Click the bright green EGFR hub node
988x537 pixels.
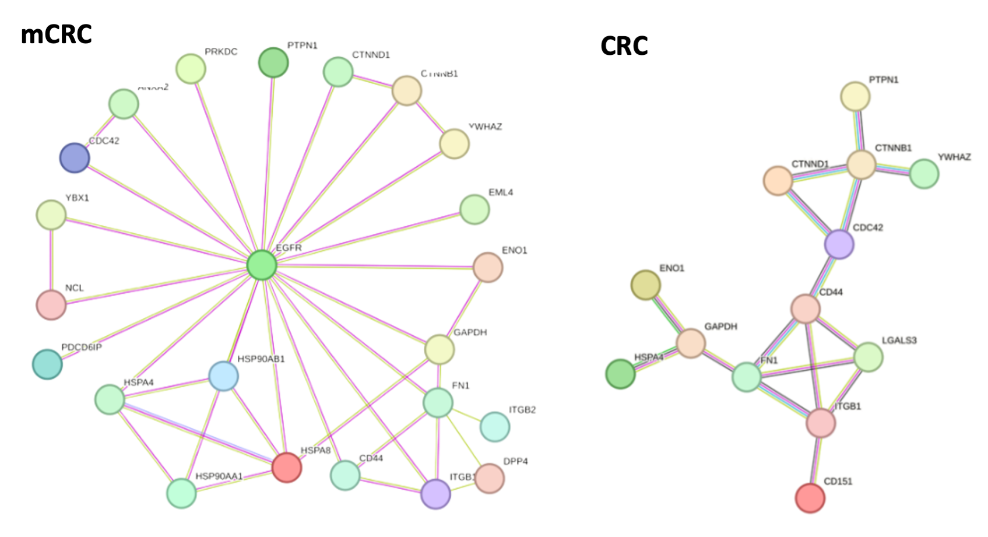pos(262,265)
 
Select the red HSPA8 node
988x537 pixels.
pos(287,467)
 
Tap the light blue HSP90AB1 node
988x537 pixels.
pos(224,376)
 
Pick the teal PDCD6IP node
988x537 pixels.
pos(47,364)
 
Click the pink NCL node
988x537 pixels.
pos(51,304)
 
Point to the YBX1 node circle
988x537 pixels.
pos(51,215)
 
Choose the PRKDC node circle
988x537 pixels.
pos(191,69)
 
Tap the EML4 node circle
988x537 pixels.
pos(474,209)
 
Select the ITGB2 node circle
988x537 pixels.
pos(495,427)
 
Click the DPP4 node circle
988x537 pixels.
pos(490,478)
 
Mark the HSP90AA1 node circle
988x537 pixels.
pos(181,493)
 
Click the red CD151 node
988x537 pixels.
pos(810,498)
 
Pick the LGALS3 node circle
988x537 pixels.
pos(869,357)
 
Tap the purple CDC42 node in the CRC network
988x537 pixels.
pos(839,244)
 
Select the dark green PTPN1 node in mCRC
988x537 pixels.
pos(273,62)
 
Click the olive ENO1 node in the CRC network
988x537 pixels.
pos(646,285)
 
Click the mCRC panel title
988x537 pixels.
pos(56,35)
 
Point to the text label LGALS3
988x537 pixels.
pos(899,340)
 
